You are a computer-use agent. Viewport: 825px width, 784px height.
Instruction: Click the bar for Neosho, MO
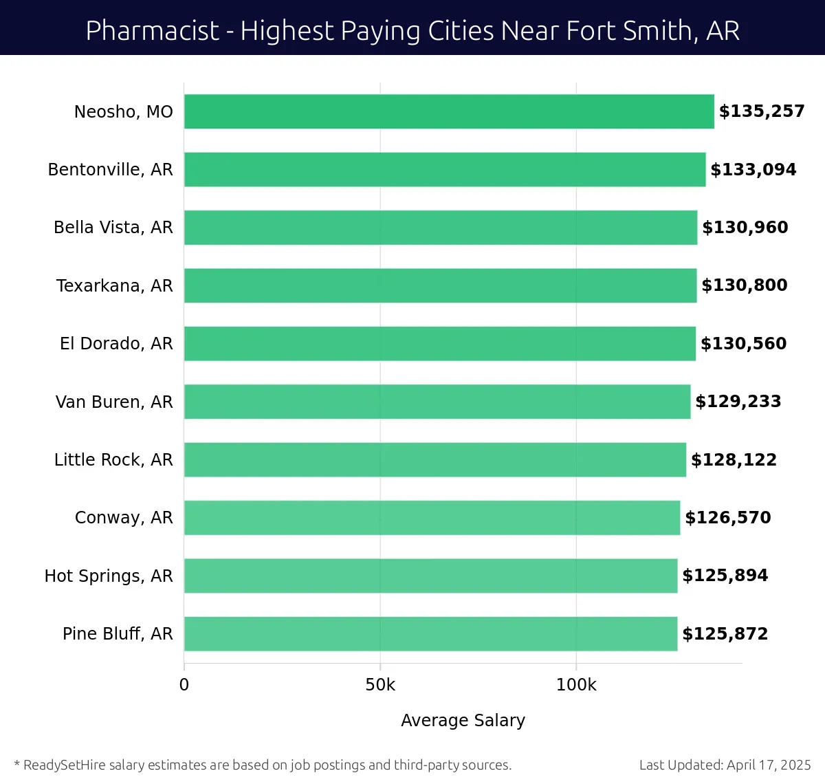coord(449,111)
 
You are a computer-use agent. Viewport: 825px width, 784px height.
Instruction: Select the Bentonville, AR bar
coord(445,169)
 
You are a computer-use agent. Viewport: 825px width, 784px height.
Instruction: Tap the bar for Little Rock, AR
coord(435,459)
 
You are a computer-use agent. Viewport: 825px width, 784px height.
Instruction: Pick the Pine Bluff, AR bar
coord(430,633)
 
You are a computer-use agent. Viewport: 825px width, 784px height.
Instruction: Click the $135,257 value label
coord(762,111)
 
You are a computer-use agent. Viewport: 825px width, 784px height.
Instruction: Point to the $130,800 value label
coord(745,285)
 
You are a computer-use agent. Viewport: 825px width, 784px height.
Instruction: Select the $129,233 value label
coord(738,402)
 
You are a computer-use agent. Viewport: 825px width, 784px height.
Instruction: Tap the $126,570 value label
coord(728,517)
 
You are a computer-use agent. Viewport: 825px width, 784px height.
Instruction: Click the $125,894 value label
coord(725,576)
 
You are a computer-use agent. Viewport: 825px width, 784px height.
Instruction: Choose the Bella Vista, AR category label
coord(113,228)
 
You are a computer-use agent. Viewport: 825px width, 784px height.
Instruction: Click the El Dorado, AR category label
coord(116,343)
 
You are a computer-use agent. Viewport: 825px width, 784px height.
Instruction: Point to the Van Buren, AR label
coord(114,402)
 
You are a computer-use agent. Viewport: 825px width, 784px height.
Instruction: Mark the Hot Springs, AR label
coord(109,576)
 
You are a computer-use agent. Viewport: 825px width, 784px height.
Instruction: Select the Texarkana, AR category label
coord(114,285)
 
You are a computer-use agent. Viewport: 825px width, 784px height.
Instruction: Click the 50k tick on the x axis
coord(380,685)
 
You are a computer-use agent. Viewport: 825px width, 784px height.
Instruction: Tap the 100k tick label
coord(576,685)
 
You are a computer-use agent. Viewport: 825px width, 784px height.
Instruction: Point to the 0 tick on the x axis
coord(184,685)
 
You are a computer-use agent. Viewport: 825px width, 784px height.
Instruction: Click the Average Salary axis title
coord(463,720)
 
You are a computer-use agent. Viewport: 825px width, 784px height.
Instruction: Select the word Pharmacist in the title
coord(152,31)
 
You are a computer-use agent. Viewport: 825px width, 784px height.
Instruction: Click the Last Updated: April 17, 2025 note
coord(725,765)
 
